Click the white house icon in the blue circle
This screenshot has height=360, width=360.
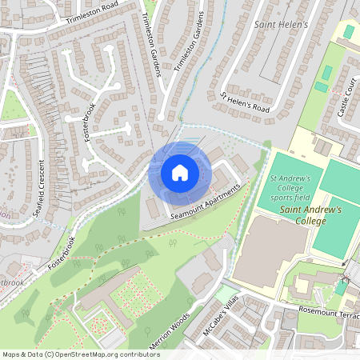pos(179,172)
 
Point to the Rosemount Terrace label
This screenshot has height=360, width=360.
pos(324,312)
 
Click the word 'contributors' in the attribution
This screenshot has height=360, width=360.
pos(138,354)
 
